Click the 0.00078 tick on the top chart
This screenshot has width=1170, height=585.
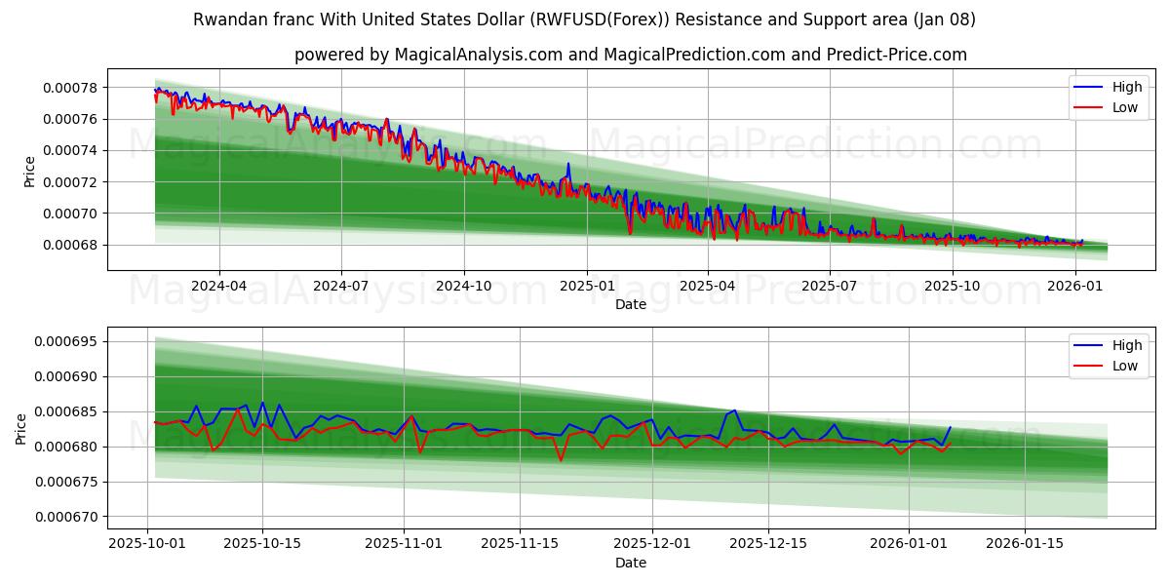click(70, 88)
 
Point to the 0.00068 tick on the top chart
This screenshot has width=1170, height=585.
click(70, 245)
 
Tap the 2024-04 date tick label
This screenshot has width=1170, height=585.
click(218, 286)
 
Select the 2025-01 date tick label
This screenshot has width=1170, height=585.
click(586, 286)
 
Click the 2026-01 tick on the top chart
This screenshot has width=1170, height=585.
click(1074, 286)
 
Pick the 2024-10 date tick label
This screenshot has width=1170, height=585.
click(463, 286)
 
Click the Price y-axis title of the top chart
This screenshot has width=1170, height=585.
click(29, 172)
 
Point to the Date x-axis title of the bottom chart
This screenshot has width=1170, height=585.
click(630, 563)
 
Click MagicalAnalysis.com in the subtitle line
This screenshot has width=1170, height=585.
click(478, 55)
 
